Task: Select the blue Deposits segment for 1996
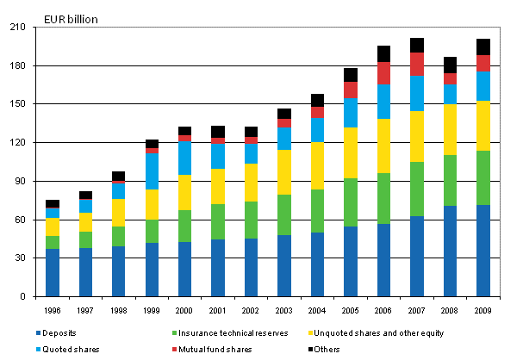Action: [x=53, y=272]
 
